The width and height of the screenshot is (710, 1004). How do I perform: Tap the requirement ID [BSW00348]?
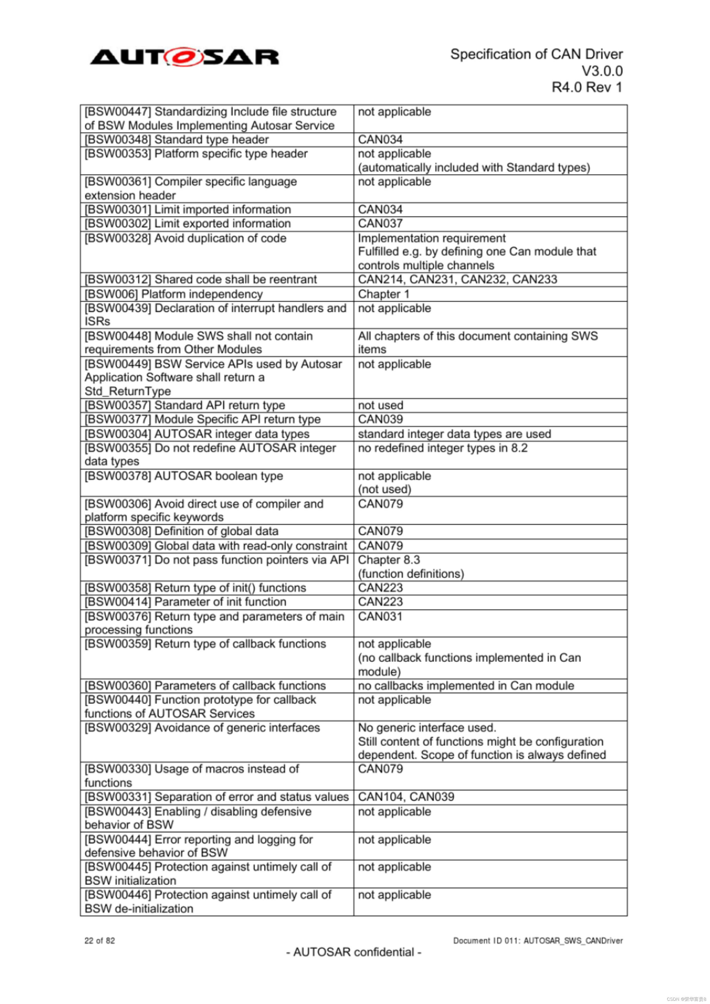tap(117, 140)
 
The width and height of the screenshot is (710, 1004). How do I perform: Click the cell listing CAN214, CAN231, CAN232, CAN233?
tap(457, 280)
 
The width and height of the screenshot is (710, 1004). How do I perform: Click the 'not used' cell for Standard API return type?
tap(380, 405)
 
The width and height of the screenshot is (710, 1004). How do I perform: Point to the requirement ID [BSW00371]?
tap(117, 560)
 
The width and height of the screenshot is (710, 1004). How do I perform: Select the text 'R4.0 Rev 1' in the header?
tap(587, 87)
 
